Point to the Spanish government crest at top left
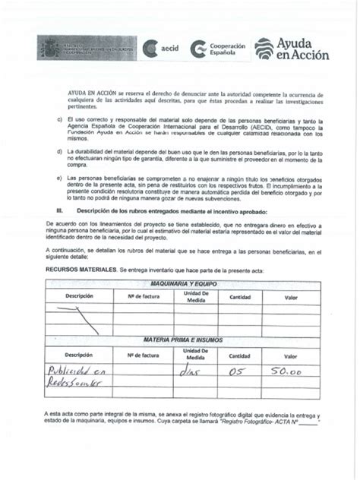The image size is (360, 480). coord(49,48)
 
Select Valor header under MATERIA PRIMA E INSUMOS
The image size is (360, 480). coord(291,355)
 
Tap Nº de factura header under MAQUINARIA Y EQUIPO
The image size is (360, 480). coord(143,295)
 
